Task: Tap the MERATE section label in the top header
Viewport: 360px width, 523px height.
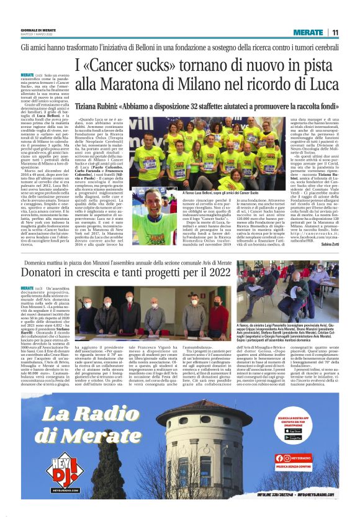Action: pos(308,32)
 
